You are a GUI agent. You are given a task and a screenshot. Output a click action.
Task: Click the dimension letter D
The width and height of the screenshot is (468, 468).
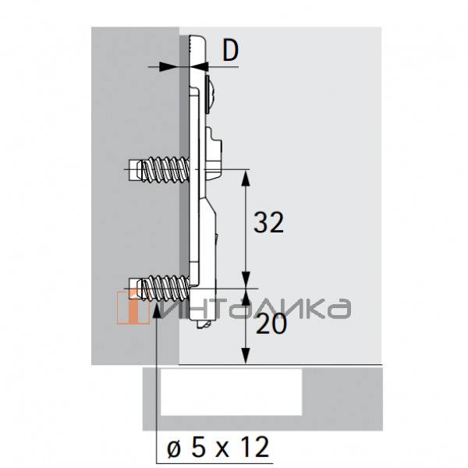point(230,51)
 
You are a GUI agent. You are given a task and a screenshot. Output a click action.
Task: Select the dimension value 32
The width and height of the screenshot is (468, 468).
point(268,222)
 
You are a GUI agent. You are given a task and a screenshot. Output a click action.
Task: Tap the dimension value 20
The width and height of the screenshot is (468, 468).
point(271,324)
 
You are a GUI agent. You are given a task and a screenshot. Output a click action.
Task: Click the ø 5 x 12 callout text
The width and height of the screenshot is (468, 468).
point(218,446)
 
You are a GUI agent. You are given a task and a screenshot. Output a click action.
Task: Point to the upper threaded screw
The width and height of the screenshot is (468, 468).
point(158,170)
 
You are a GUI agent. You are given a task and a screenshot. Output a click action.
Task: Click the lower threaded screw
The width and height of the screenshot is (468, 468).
point(158,289)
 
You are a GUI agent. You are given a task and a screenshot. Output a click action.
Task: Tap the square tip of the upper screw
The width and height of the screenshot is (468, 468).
point(133,170)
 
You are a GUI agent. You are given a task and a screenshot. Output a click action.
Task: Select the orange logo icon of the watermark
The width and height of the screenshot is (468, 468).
point(133,307)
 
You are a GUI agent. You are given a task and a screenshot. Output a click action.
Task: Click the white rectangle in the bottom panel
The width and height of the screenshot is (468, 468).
point(232,392)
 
